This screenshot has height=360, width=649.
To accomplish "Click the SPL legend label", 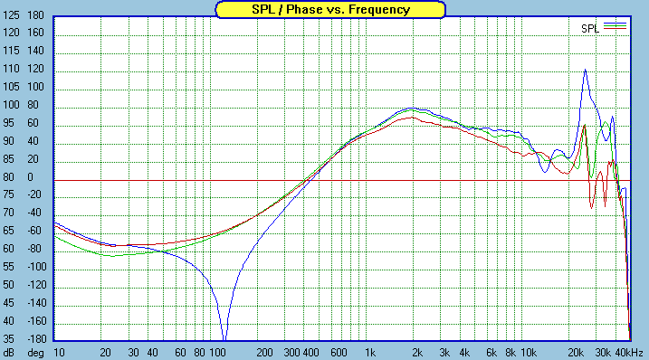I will tap(590, 28).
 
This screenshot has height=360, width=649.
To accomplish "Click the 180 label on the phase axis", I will tap(36, 16).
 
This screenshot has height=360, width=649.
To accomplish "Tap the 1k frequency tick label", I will tap(368, 352).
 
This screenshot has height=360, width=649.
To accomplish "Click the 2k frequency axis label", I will tap(417, 352).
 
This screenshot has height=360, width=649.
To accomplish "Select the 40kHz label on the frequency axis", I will tap(630, 352).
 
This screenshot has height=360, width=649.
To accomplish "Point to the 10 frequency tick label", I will tap(59, 352).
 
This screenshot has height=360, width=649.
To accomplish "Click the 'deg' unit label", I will tap(35, 352).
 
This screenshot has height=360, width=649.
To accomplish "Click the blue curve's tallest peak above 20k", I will tap(585, 70).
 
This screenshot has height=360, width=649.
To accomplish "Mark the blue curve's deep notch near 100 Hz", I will tap(224, 336).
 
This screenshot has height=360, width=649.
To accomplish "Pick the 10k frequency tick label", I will tap(529, 352).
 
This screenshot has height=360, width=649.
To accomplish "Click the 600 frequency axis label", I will tap(339, 352).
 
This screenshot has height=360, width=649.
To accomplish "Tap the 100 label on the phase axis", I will tap(36, 88).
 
